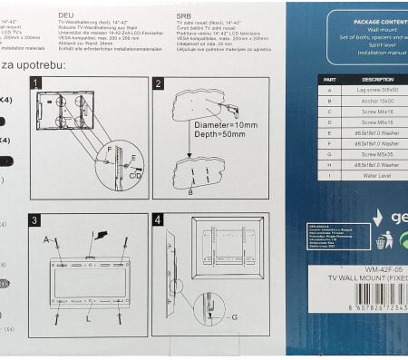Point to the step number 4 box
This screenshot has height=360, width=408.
pyautogui.click(x=157, y=220)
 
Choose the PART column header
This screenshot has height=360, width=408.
pyautogui.click(x=330, y=80)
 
